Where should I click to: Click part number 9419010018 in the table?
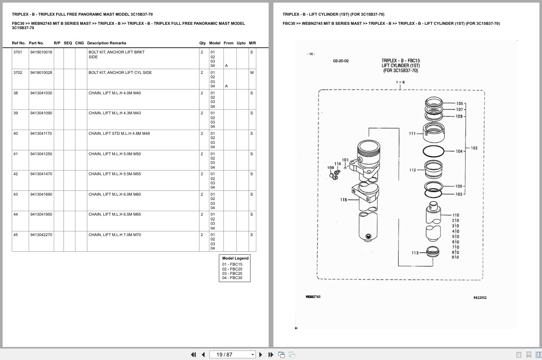pos(41,52)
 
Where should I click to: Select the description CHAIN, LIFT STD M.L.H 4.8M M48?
pos(119,133)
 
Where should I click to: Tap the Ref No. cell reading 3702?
pos(18,73)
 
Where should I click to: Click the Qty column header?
pos(202,43)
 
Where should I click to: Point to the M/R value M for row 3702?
pos(252,73)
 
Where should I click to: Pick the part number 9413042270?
pos(41,235)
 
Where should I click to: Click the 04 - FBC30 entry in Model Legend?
pos(232,278)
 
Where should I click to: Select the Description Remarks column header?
pos(106,43)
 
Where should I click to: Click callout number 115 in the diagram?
pos(344,200)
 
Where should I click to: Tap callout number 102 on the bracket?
pos(474,148)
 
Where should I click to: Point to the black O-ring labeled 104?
pos(433,151)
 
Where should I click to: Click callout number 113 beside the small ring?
pos(415,253)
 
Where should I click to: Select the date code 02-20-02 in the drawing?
pos(341,61)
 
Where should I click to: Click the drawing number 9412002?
pos(480,297)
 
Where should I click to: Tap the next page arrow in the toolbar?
pos(261,355)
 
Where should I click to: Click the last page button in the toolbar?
pos(271,355)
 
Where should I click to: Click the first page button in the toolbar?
pos(193,355)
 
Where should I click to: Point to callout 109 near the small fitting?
pos(330,167)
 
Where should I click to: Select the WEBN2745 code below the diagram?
pos(313,297)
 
